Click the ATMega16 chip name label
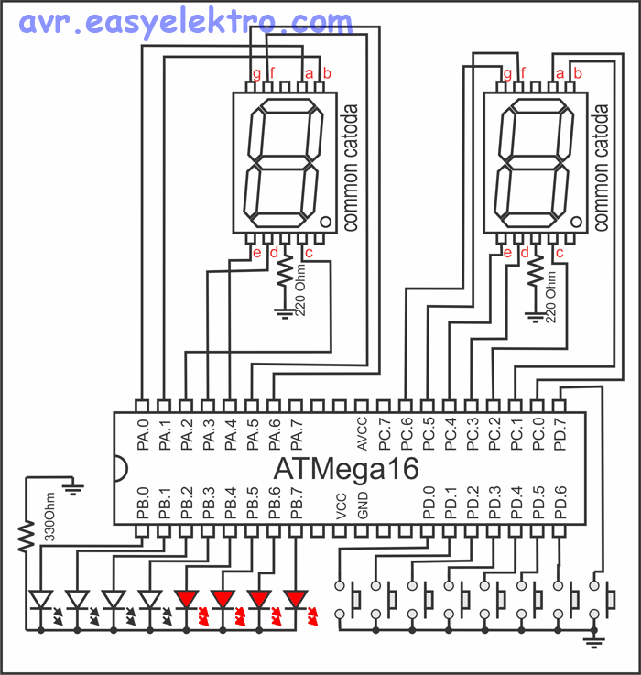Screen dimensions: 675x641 pos(347,469)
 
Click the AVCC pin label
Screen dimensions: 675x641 pos(363,430)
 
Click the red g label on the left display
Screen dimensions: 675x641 pos(257,73)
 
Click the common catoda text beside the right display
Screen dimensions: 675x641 pos(602,168)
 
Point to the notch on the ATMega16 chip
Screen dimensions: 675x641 pos(121,468)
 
